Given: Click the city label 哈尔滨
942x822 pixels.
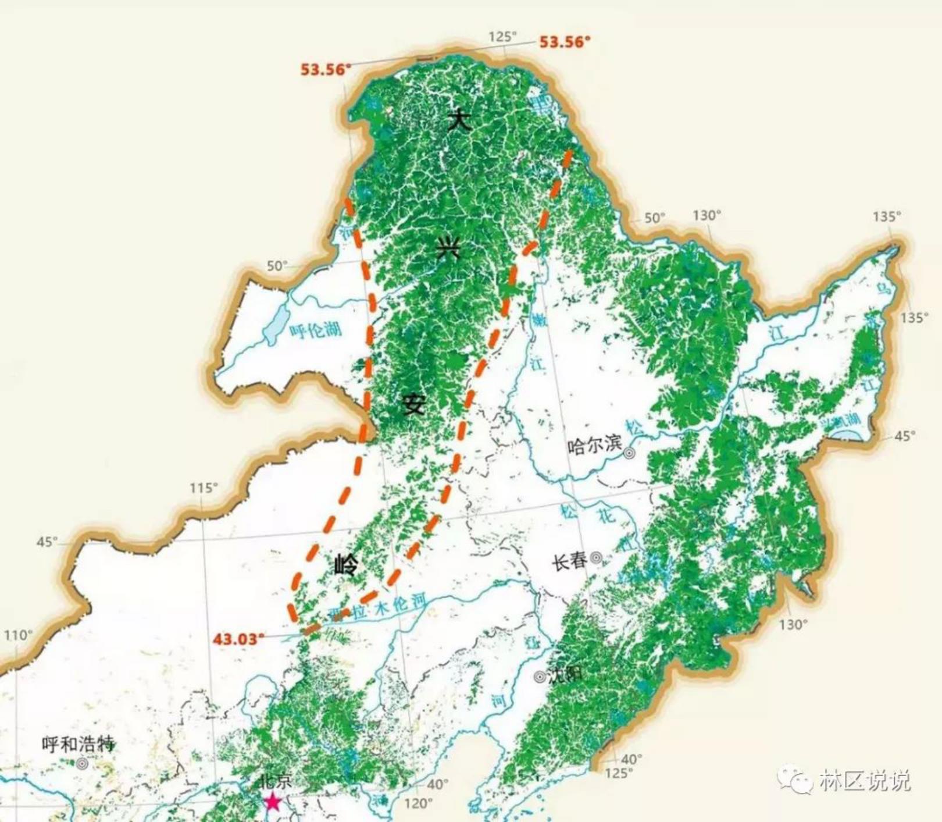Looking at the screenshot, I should click(594, 445).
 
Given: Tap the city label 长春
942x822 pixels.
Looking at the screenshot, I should click(570, 561).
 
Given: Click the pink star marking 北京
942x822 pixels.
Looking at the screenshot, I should click(272, 802).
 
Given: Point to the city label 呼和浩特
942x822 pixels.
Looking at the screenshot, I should click(78, 744).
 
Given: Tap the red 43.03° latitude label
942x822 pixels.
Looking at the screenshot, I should click(238, 639).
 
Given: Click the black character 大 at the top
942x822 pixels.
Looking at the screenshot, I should click(459, 121).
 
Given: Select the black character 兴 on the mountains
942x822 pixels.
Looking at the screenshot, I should click(448, 250).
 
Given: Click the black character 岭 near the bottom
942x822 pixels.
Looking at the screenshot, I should click(347, 564).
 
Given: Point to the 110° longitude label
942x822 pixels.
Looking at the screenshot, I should click(19, 635).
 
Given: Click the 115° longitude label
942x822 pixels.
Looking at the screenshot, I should click(204, 487).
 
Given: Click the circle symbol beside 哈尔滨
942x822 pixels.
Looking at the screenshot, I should click(629, 453).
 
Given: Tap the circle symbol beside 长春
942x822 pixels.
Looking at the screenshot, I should click(596, 558).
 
